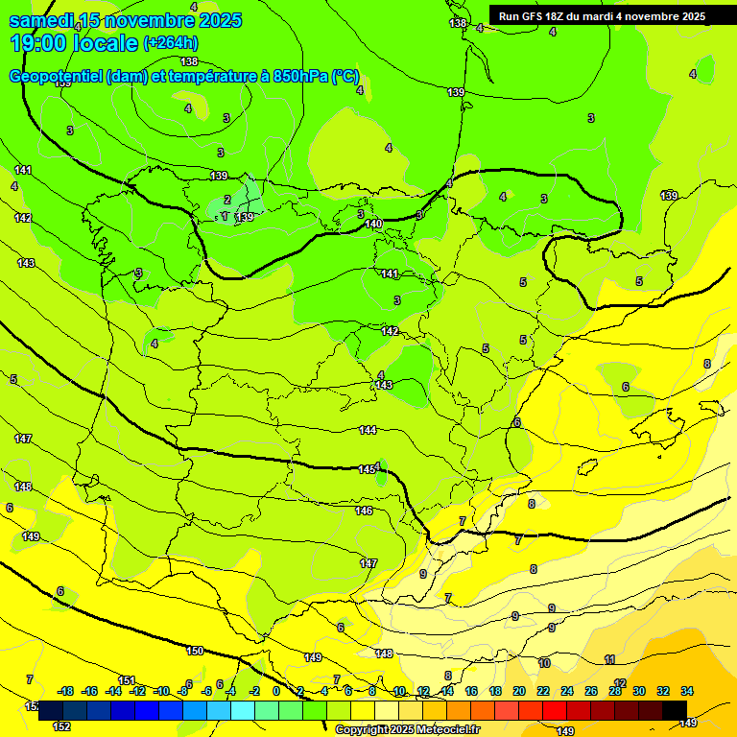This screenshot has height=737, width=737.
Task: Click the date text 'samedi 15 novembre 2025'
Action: [x=126, y=20]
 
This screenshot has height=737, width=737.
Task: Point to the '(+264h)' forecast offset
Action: [x=171, y=43]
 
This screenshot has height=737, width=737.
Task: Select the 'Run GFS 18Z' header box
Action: [x=602, y=16]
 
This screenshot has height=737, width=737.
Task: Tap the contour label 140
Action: [x=374, y=224]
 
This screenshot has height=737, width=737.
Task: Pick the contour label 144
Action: [x=368, y=430]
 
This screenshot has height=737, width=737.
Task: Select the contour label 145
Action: [x=367, y=469]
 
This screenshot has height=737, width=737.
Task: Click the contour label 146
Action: [x=364, y=511]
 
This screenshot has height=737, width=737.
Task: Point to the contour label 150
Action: [x=195, y=651]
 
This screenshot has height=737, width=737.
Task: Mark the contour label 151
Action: [x=127, y=680]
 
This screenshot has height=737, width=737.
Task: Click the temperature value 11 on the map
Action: [x=609, y=659]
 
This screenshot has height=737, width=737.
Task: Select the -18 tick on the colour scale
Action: [x=65, y=691]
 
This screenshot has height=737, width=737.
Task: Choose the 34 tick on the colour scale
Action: [x=687, y=691]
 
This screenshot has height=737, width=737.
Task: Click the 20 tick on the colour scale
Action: [x=519, y=691]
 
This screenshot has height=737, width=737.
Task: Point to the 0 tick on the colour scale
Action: [x=276, y=691]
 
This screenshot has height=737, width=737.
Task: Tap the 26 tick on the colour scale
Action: [x=590, y=691]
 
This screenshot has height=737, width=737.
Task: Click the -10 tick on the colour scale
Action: [x=161, y=691]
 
